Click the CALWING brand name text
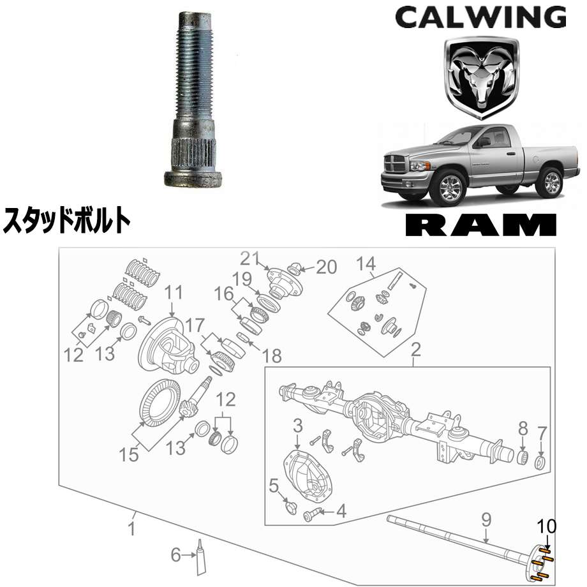click(x=480, y=18)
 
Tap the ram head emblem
click(x=482, y=78)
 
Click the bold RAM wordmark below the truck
click(x=481, y=225)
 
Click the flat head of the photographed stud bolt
click(x=193, y=179)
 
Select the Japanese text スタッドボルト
click(x=67, y=221)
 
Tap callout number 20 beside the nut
click(x=327, y=267)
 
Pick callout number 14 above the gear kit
click(x=366, y=264)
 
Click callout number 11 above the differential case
click(x=174, y=293)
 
